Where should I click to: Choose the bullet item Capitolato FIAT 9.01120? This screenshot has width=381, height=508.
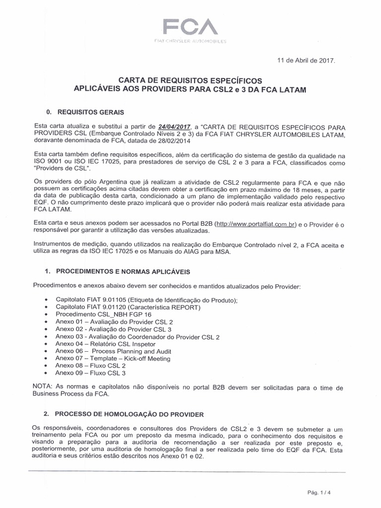coord(128,307)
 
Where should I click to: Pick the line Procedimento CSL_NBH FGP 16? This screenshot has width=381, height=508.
coord(104,315)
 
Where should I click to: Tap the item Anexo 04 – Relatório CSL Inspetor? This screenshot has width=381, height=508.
coord(106,343)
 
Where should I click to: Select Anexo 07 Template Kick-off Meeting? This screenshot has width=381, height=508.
coord(113,358)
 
